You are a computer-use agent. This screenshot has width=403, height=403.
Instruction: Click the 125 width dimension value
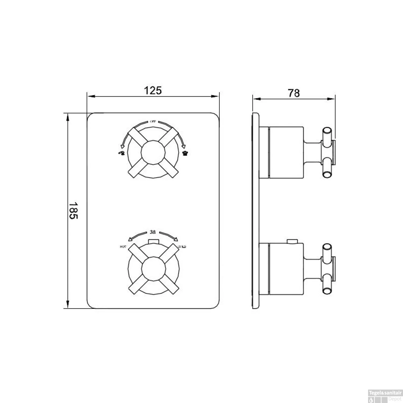coord(153,90)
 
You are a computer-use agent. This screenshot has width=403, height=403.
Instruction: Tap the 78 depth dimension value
coord(294,93)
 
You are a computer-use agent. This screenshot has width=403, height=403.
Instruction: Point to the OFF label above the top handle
coord(153,121)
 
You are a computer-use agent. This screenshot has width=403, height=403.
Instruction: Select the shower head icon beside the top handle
coord(185,153)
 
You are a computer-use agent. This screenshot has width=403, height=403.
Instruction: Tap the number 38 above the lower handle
coord(153,232)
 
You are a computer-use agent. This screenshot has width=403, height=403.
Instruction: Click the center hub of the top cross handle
coord(153,152)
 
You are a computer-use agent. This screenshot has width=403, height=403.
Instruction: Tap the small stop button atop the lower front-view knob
coord(153,241)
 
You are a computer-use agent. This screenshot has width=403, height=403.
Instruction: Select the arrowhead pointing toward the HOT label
coord(130,239)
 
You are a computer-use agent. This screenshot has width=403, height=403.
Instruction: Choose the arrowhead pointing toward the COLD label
coord(176,239)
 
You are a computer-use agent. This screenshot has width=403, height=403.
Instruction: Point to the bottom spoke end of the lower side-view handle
coord(327,291)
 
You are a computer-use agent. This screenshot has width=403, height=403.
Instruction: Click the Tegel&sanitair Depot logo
coord(385,397)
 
